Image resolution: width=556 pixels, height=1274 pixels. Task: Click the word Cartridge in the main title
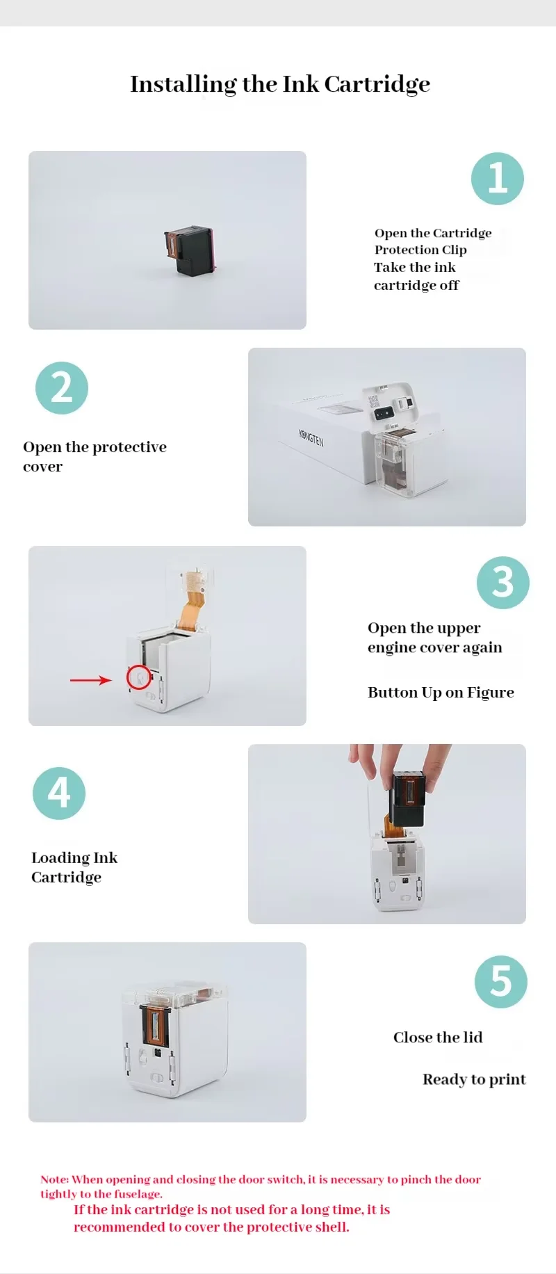[x=377, y=84]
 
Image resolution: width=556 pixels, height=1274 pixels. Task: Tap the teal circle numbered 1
[x=498, y=179]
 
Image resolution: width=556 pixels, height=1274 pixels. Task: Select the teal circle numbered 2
[x=62, y=388]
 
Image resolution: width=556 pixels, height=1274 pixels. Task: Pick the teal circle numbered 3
[x=503, y=583]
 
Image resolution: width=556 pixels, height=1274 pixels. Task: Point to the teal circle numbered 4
[x=59, y=793]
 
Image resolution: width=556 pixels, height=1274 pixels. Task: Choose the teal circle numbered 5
[x=501, y=982]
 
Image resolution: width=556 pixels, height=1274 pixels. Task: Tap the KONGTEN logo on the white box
[x=311, y=437]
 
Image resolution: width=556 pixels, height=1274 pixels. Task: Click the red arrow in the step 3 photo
[x=91, y=680]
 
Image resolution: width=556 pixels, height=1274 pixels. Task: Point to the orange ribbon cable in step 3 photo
[x=190, y=602]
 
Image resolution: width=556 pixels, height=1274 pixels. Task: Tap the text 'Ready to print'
[x=474, y=1079]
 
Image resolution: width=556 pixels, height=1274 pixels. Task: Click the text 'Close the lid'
[x=438, y=1038]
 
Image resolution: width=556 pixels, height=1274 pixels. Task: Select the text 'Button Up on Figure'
[x=441, y=693]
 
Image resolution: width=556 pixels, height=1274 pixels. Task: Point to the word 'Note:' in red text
[x=55, y=1179]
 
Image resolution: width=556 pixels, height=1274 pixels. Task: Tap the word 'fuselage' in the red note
[x=138, y=1194]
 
